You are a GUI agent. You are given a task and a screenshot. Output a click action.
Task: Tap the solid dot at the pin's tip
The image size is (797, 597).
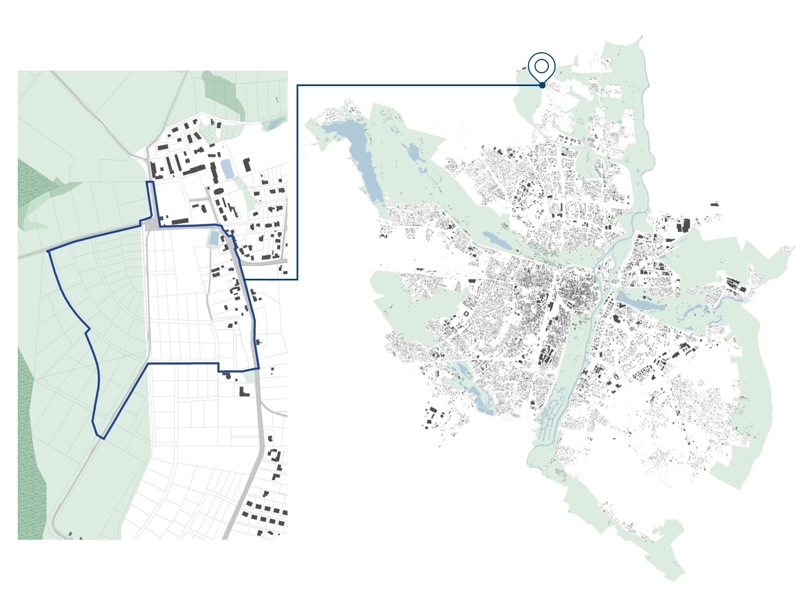pyautogui.click(x=542, y=85)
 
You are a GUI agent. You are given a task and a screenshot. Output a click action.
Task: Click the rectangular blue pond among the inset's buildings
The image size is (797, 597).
pyautogui.click(x=227, y=169)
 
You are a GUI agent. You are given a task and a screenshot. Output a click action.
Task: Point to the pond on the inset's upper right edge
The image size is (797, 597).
pyautogui.click(x=276, y=123)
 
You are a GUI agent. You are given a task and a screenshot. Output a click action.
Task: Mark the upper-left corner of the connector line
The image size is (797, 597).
pyautogui.click(x=297, y=86)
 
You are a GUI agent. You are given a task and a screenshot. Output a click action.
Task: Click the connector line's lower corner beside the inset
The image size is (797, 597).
pyautogui.click(x=297, y=279)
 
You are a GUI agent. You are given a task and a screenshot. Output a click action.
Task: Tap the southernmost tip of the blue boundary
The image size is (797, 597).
pyautogui.click(x=103, y=438)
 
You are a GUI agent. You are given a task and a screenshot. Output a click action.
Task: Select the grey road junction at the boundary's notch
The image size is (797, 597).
pyautogui.click(x=150, y=223)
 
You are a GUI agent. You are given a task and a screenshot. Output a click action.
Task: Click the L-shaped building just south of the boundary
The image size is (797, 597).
pyautogui.click(x=244, y=390)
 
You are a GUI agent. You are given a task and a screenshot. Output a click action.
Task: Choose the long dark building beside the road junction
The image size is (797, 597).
pyautogui.click(x=180, y=222)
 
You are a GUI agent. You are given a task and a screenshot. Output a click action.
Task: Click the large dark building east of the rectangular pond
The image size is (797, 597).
pyautogui.click(x=246, y=164)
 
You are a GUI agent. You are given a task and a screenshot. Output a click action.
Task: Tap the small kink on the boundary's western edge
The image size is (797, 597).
pyautogui.click(x=87, y=330)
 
